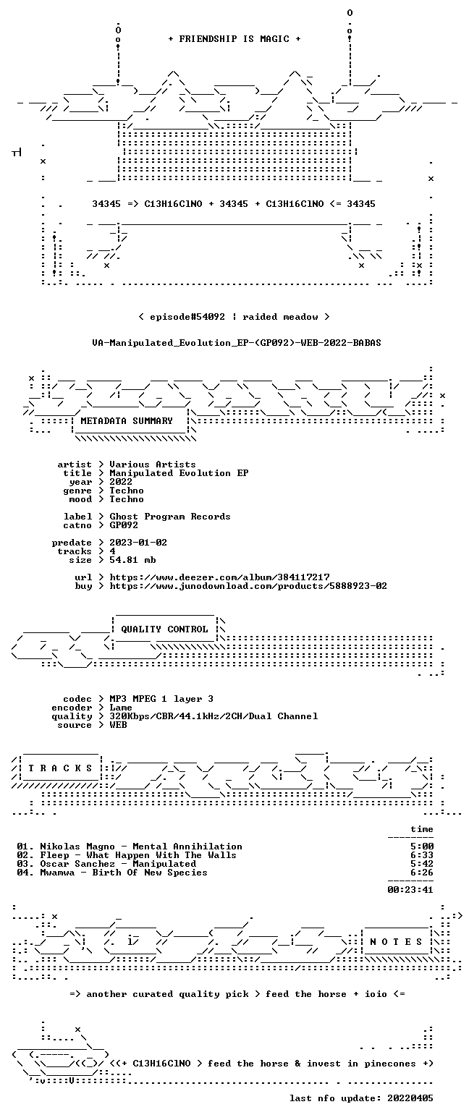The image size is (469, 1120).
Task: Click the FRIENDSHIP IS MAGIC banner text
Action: (234, 39)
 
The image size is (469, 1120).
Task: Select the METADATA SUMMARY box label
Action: (127, 421)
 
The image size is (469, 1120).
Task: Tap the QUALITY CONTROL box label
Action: (164, 629)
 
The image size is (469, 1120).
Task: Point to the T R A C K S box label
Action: (61, 768)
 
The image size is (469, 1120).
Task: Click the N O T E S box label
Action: (396, 942)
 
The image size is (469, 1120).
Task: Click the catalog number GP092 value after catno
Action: (124, 525)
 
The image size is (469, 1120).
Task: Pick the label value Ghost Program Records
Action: (170, 517)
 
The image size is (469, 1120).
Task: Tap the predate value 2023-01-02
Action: (138, 543)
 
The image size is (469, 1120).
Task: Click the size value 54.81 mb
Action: (132, 560)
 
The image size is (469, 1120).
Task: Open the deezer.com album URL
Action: (219, 577)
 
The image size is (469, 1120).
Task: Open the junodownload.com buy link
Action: (248, 586)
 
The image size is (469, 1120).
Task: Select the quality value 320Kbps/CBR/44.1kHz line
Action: (214, 716)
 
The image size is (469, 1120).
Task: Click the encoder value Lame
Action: (121, 708)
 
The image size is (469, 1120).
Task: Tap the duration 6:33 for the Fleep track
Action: (422, 855)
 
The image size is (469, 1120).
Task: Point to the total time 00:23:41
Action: (410, 890)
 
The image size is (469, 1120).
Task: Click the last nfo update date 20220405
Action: (410, 1098)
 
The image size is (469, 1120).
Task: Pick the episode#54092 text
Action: (187, 317)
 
